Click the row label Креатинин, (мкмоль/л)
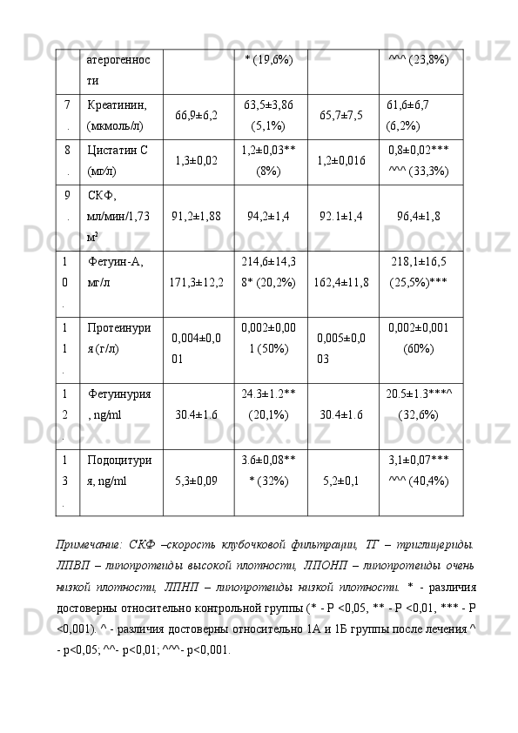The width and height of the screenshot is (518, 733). [117, 113]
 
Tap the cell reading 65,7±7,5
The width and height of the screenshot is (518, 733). [341, 114]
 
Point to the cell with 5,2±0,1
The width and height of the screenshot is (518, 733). [341, 479]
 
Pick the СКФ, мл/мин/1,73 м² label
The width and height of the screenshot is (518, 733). [117, 214]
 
